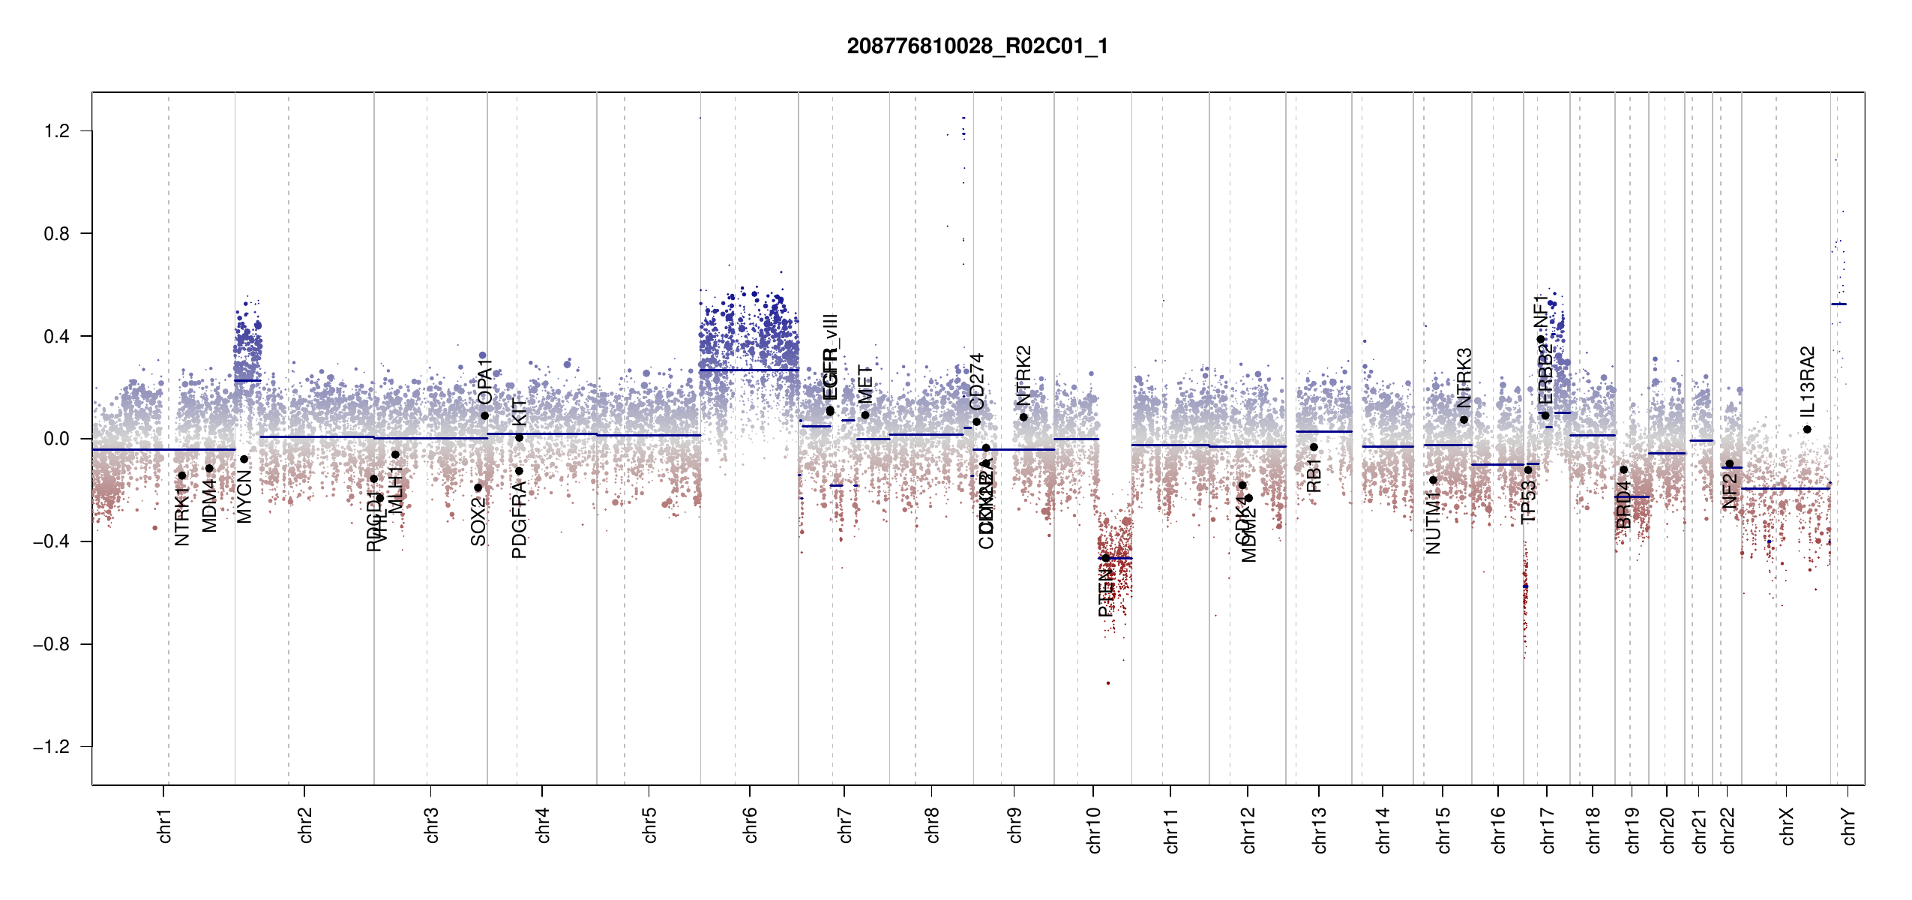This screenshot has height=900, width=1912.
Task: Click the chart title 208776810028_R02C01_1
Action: tap(977, 46)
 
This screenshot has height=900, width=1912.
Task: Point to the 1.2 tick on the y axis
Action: tap(57, 131)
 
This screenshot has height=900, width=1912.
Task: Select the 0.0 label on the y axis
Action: tap(57, 439)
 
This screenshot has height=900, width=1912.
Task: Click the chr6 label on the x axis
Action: tap(750, 825)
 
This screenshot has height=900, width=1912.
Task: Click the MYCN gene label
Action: tap(244, 496)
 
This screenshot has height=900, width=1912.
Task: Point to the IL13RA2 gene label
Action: tap(1808, 382)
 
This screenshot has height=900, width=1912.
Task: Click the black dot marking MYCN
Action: tap(244, 459)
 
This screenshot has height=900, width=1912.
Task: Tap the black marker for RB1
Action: tap(1314, 447)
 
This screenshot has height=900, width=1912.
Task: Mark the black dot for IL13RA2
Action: tap(1807, 430)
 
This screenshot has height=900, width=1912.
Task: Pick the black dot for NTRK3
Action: tap(1464, 419)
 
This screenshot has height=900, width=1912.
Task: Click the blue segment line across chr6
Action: tap(750, 370)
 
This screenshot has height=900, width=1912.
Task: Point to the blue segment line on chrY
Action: tap(1839, 304)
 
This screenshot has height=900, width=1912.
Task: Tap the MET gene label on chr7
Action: tap(865, 384)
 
